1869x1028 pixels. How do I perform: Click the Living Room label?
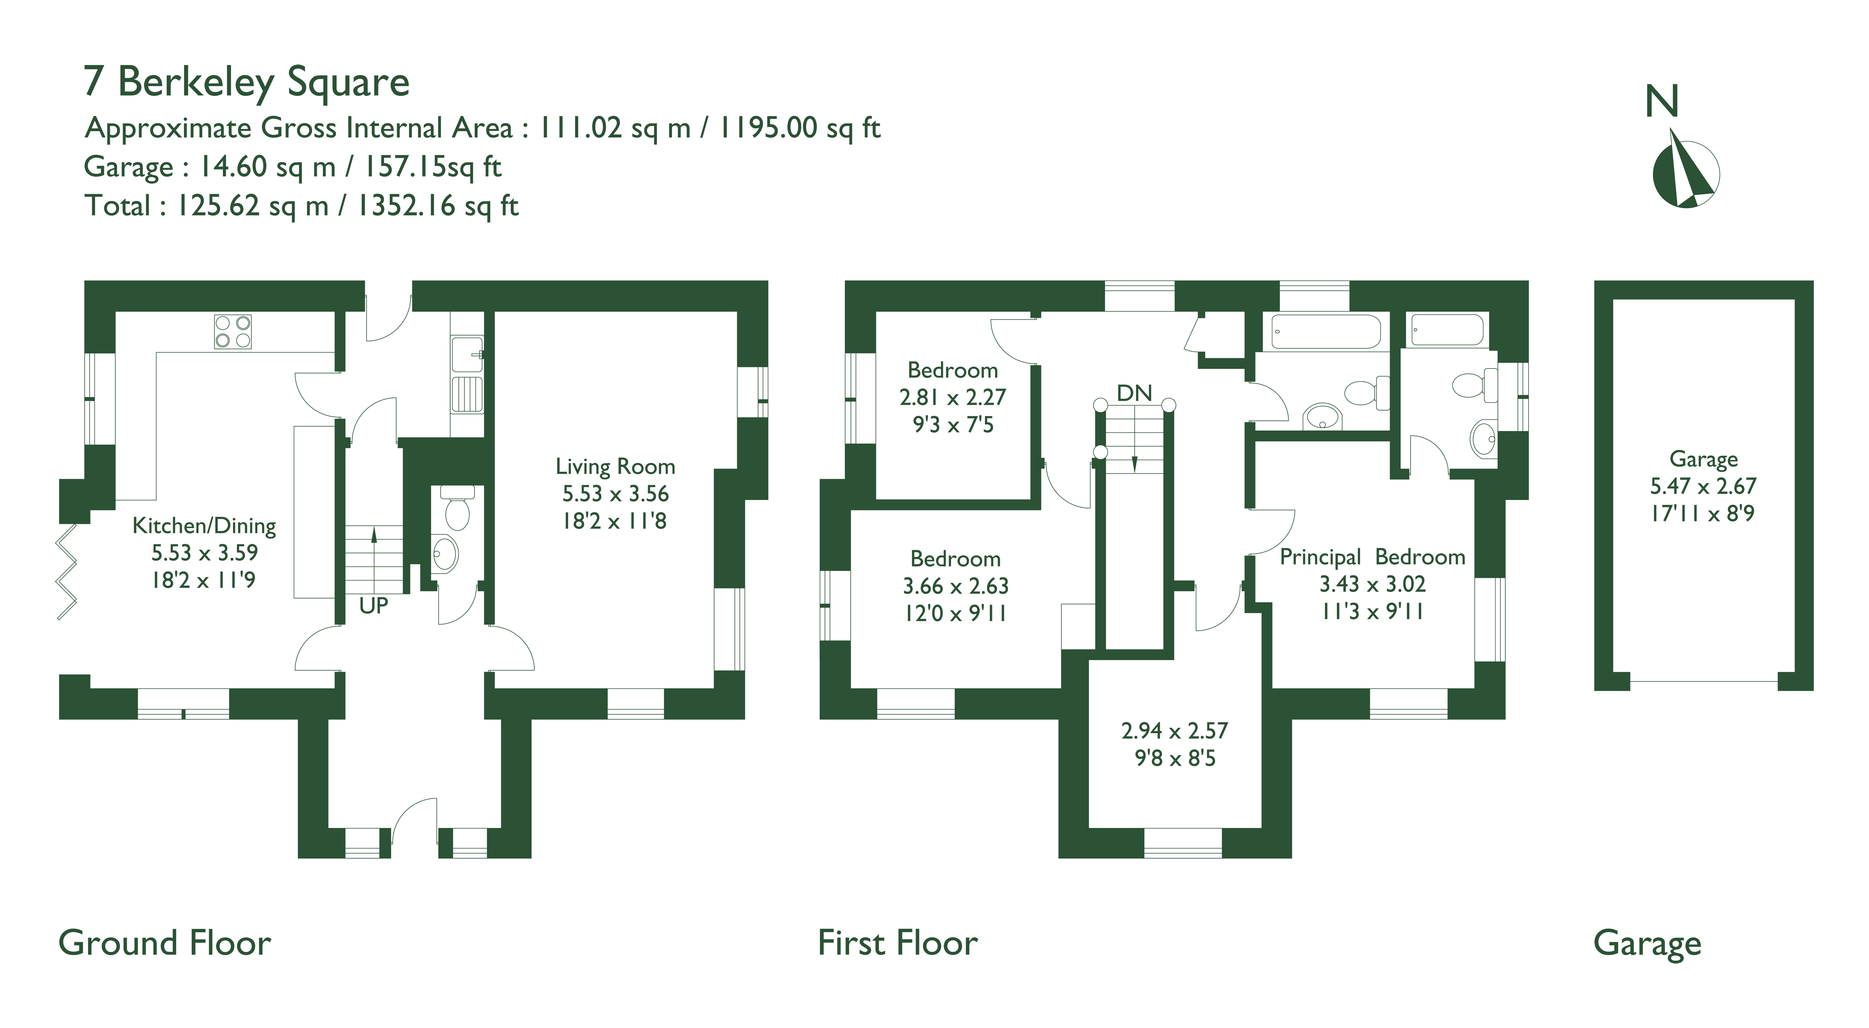(615, 466)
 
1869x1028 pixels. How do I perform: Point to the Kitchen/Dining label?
(204, 526)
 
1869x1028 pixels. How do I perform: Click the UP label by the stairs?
(374, 606)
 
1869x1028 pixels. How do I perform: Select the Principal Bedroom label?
(1372, 557)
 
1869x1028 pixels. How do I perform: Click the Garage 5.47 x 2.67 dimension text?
(1703, 486)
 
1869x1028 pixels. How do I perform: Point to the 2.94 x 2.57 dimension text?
(1175, 731)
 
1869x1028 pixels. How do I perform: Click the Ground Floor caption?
(165, 943)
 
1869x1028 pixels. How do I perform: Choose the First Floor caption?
(897, 943)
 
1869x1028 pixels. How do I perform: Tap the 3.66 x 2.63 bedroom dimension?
(956, 586)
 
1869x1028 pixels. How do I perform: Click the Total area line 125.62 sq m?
(302, 206)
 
